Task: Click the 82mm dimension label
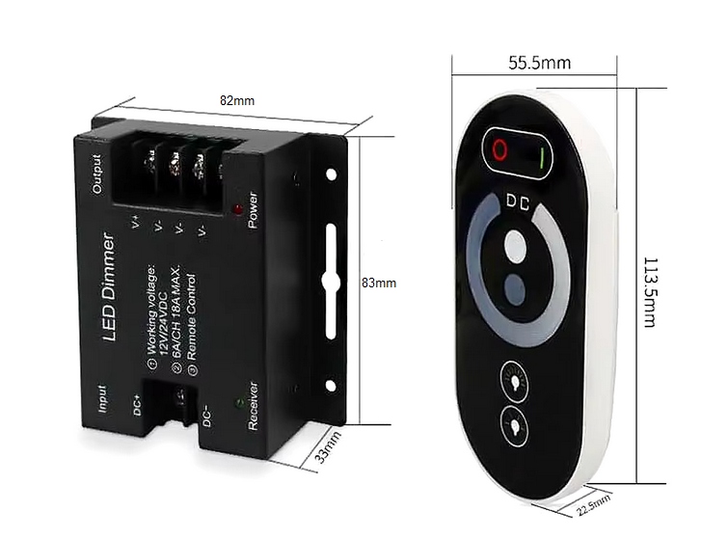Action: (x=237, y=100)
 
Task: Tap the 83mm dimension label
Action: (x=379, y=283)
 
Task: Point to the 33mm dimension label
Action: (x=329, y=447)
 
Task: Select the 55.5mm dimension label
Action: (x=540, y=64)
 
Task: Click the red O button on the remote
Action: (x=499, y=149)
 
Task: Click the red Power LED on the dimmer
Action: (x=237, y=207)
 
